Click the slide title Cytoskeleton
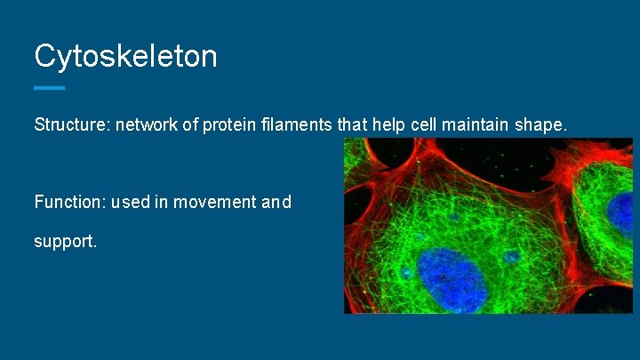pos(125,57)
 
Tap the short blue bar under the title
pos(49,88)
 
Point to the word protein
pos(228,125)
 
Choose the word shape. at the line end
pos(540,125)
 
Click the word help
pos(388,125)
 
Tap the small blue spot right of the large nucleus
pos(511,258)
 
